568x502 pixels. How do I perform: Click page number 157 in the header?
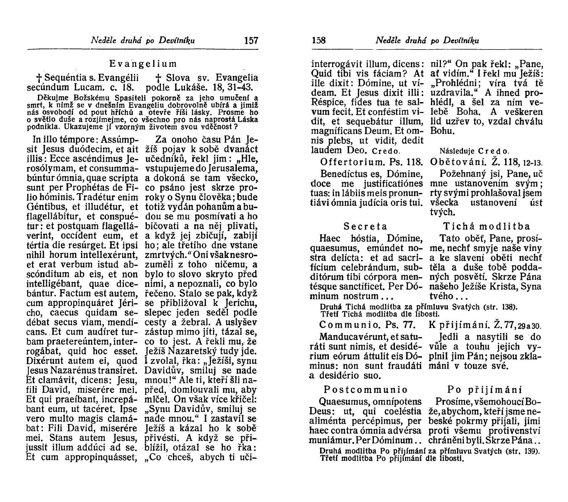click(251, 41)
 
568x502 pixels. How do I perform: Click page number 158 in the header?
click(318, 41)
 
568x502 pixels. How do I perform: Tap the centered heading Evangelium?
click(143, 63)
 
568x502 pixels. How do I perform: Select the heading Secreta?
click(365, 227)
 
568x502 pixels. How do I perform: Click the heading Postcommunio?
click(366, 390)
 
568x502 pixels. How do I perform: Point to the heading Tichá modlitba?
click(486, 227)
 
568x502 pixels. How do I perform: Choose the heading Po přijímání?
click(485, 390)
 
